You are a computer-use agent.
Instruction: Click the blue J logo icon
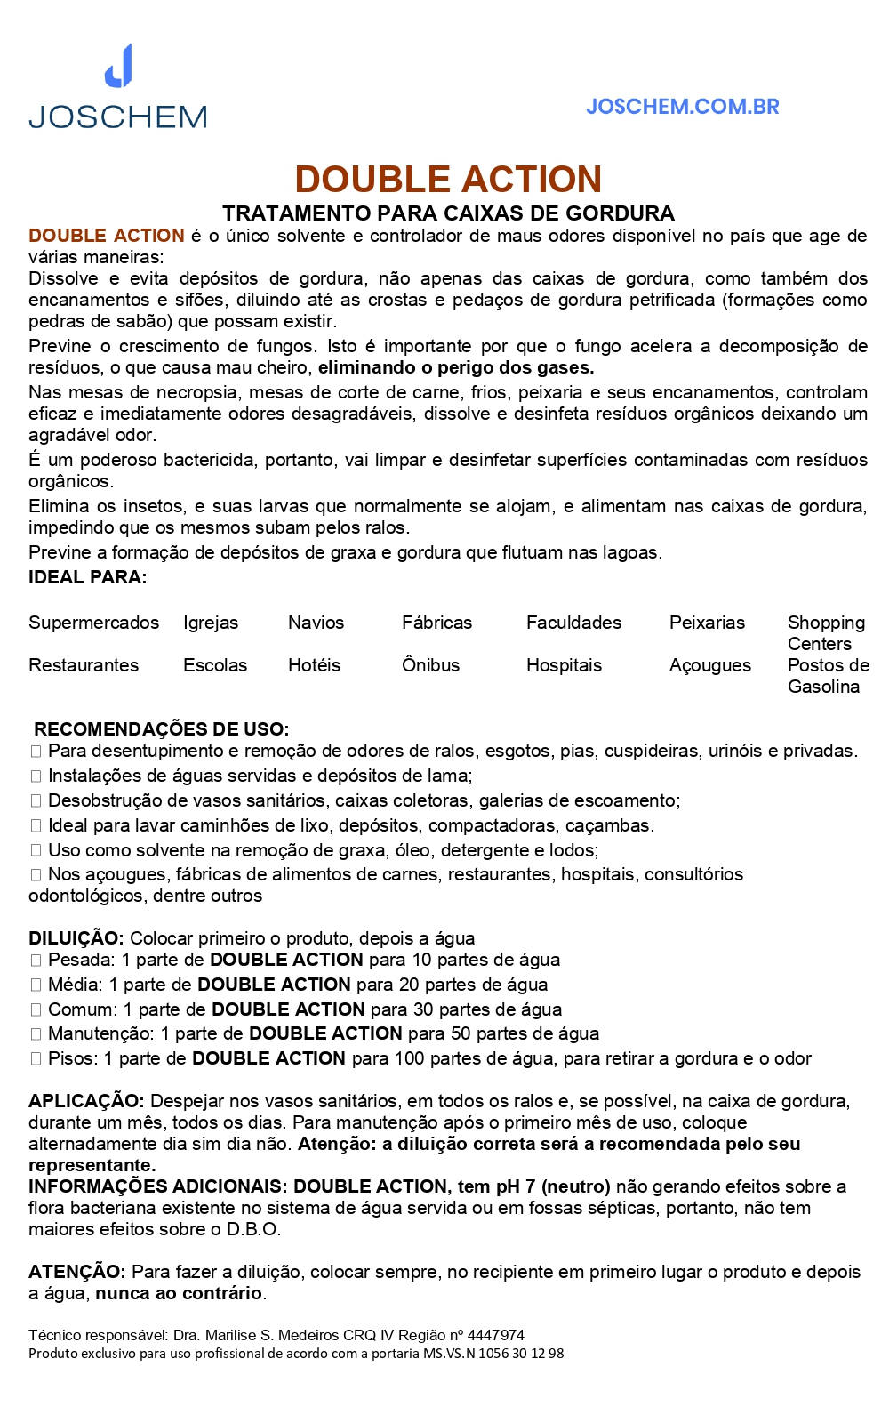tap(119, 66)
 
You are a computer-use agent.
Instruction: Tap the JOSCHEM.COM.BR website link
tap(682, 107)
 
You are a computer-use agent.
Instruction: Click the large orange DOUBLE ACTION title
tap(448, 179)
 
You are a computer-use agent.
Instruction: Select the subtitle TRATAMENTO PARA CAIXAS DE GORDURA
tap(448, 213)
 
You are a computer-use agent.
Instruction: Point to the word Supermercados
tap(93, 623)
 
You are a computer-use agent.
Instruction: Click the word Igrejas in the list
tap(211, 623)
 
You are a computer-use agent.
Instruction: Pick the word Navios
tap(316, 623)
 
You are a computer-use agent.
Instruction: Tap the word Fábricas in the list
tap(436, 623)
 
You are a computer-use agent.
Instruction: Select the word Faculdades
tap(573, 623)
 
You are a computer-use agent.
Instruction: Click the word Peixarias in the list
tap(707, 623)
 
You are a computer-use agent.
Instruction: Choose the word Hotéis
tap(314, 665)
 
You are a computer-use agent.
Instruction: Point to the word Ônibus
tap(430, 665)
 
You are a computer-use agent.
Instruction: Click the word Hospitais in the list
tap(564, 665)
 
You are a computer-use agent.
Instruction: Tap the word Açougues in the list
tap(709, 665)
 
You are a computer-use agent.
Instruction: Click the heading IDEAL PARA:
tap(87, 577)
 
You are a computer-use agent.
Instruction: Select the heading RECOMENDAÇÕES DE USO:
tap(161, 729)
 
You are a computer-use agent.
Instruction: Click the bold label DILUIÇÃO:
tap(76, 938)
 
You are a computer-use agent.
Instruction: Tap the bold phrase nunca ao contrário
tap(180, 1293)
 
